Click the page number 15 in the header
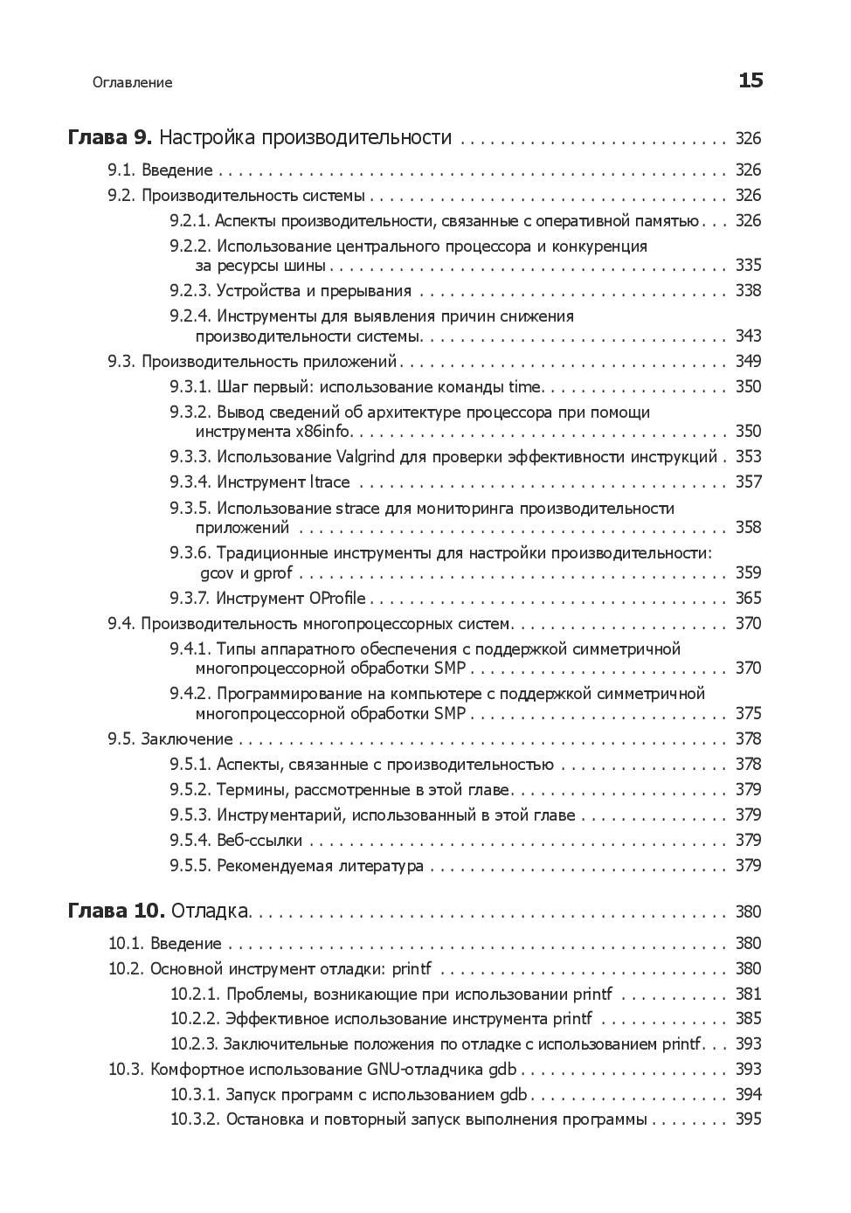tap(751, 81)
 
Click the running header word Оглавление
tap(132, 83)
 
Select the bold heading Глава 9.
tap(110, 138)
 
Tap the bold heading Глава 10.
tap(115, 911)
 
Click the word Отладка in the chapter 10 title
tap(210, 911)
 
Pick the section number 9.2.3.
tap(190, 291)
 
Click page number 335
tap(748, 266)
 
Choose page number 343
tap(748, 336)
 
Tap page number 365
tap(748, 599)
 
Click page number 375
tap(748, 714)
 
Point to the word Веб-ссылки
tap(259, 841)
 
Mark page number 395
tap(748, 1119)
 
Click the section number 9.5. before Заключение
tap(121, 739)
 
